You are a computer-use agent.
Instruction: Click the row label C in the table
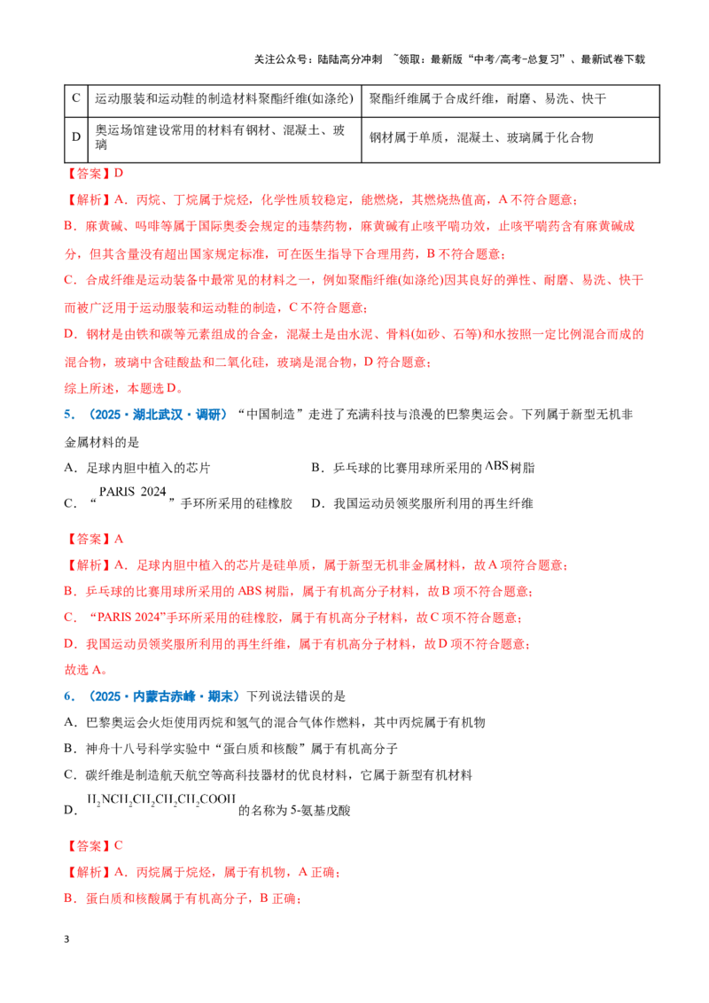click(x=76, y=98)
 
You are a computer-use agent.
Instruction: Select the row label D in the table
click(x=76, y=137)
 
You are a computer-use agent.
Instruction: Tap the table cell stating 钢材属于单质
click(x=481, y=137)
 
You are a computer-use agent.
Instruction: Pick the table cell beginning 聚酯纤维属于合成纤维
click(x=487, y=98)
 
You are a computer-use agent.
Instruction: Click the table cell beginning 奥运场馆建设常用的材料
click(x=220, y=137)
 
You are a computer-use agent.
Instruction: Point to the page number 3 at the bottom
click(x=66, y=939)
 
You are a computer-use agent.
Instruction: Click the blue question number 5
click(x=69, y=415)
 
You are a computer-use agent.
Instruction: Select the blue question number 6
click(x=69, y=696)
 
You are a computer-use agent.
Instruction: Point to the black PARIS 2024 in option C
click(x=132, y=491)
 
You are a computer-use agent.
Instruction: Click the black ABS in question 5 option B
click(x=496, y=465)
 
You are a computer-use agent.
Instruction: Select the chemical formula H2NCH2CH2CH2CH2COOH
click(x=161, y=799)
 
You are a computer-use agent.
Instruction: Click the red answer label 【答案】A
click(x=94, y=540)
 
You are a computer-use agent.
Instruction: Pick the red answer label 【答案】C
click(x=93, y=845)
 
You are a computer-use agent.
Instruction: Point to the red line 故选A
click(x=86, y=670)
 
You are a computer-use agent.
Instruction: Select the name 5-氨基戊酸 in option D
click(x=321, y=811)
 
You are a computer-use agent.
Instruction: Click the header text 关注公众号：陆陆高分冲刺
click(x=318, y=59)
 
